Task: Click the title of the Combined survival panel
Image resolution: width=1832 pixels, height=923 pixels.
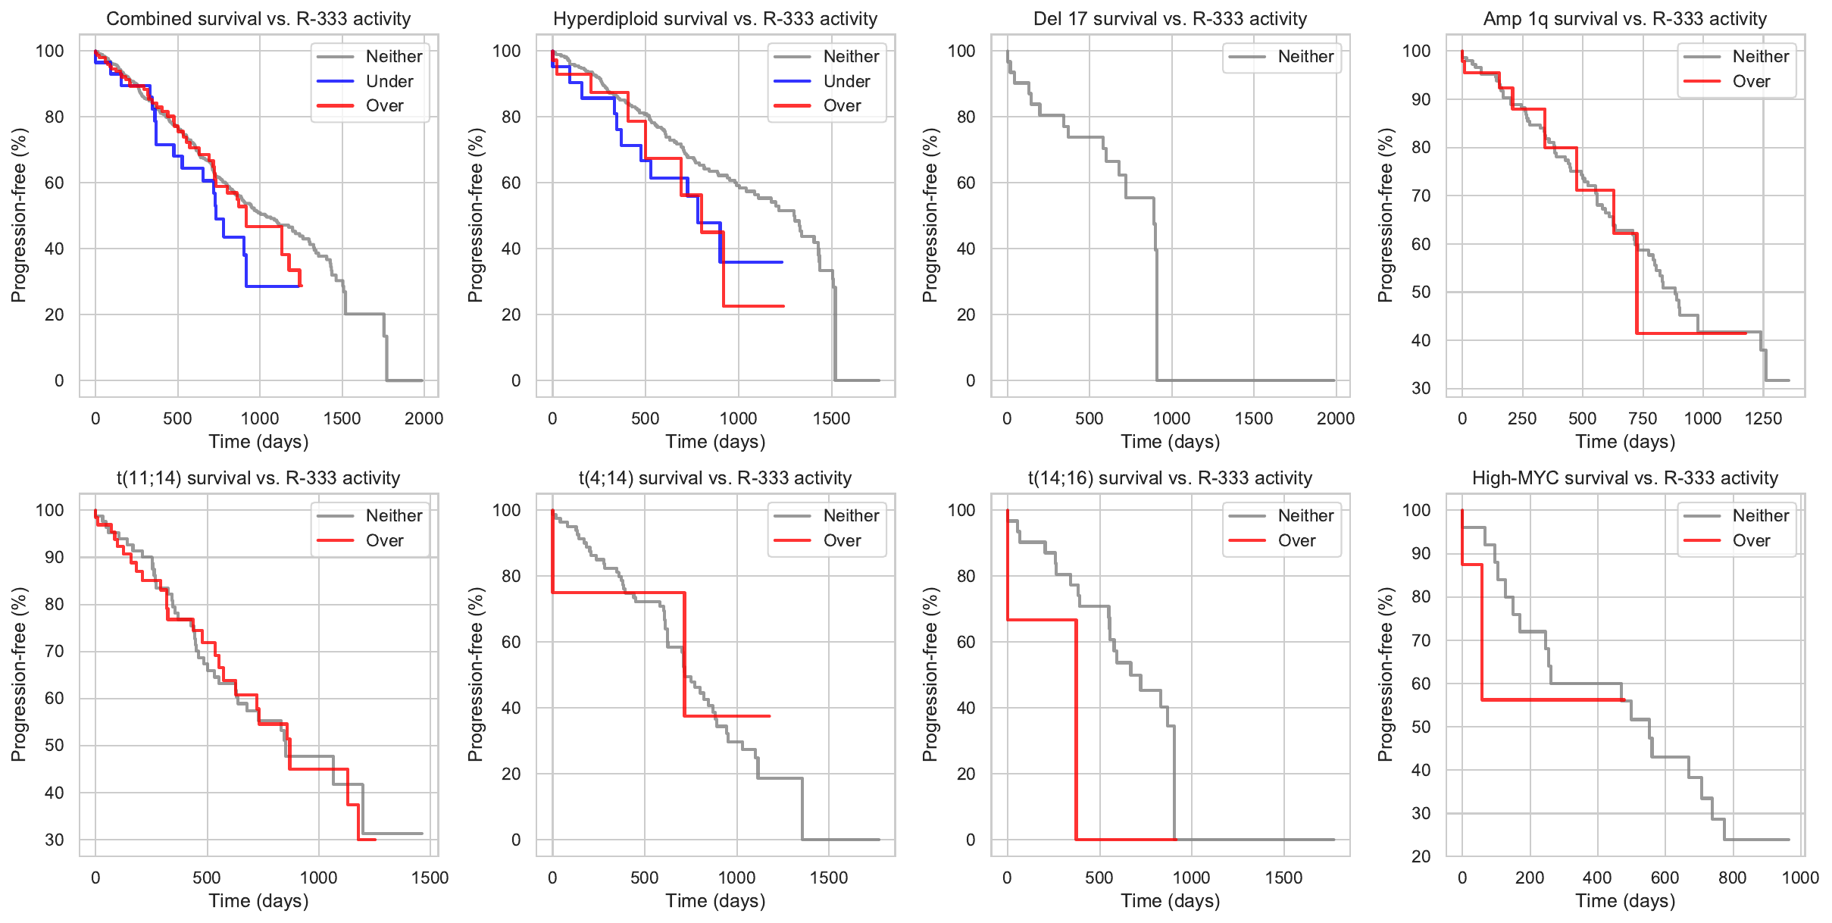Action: click(258, 19)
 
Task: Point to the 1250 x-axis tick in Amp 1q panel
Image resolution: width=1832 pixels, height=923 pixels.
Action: click(1763, 418)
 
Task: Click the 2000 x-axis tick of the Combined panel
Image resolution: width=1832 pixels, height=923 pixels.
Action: click(424, 418)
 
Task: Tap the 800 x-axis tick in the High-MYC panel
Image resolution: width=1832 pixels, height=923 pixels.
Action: click(1732, 878)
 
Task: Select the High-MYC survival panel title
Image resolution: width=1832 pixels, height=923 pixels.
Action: click(1624, 478)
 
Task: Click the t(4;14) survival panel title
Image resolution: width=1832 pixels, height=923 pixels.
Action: click(715, 478)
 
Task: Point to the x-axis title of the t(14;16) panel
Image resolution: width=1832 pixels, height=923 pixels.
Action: click(1170, 901)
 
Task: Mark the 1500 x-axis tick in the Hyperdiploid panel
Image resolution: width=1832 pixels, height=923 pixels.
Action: click(831, 418)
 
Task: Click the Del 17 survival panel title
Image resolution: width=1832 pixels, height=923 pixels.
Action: click(1170, 19)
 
